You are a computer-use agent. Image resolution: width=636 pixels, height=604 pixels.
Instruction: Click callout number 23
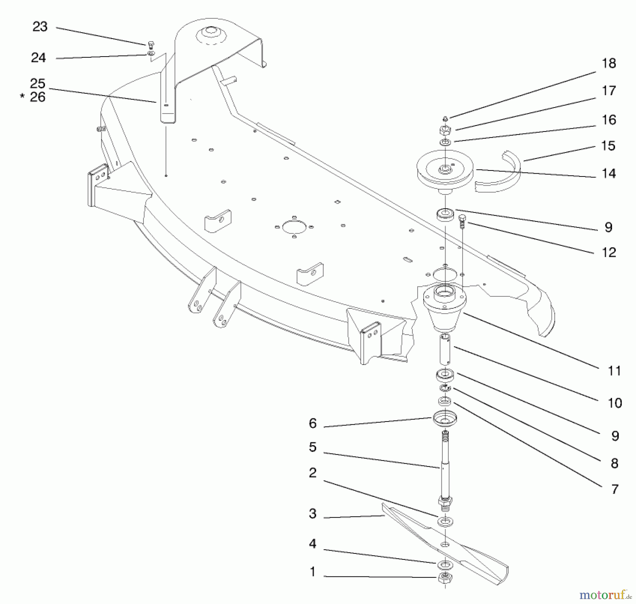pos(40,27)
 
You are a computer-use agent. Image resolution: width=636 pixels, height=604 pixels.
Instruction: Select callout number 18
pos(609,63)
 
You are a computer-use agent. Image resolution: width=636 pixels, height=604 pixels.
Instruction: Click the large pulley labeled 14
pos(444,173)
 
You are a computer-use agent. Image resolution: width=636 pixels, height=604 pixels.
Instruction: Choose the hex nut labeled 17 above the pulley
pos(445,130)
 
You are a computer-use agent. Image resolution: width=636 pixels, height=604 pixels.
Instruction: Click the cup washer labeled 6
pos(444,419)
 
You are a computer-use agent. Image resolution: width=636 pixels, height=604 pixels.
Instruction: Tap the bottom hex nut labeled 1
pos(445,578)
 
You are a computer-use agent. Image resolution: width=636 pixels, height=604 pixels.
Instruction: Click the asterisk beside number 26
pos(22,96)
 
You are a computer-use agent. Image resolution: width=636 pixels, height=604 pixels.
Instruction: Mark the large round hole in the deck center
pos(294,227)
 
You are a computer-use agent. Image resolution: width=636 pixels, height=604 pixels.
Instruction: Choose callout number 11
pos(614,371)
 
